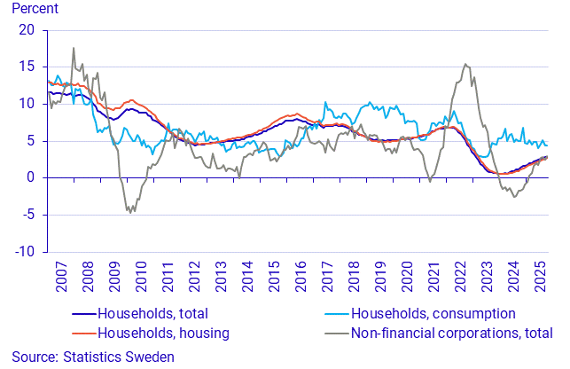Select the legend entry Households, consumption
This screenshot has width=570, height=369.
[433, 313]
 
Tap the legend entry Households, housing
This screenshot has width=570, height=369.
[163, 333]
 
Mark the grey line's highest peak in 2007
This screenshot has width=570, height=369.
[73, 48]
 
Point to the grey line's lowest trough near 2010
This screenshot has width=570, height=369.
[129, 213]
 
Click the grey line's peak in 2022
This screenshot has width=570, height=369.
[465, 64]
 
